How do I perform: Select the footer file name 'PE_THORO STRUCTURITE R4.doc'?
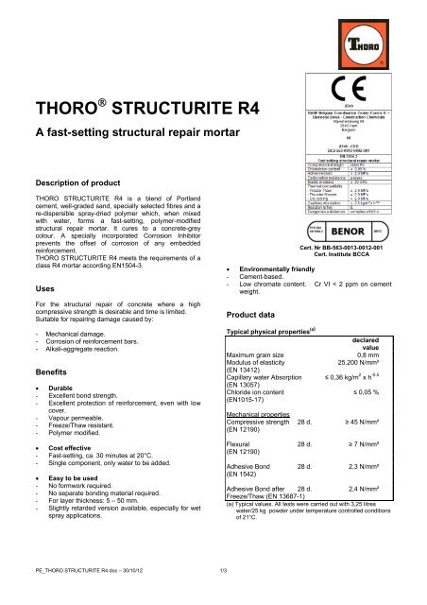(x=68, y=592)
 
